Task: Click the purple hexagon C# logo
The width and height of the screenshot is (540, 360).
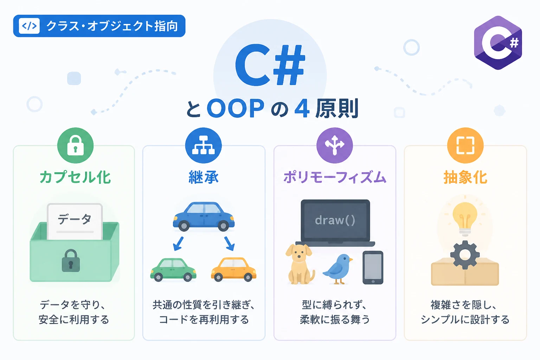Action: click(x=498, y=43)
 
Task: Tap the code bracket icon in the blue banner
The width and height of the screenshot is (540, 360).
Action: click(x=29, y=26)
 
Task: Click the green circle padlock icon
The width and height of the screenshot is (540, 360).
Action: click(x=75, y=146)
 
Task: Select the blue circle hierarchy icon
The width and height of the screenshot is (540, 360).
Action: click(x=203, y=146)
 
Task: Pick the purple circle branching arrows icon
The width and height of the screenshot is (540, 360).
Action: click(x=335, y=146)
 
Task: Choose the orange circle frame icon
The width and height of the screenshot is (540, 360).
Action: click(x=465, y=146)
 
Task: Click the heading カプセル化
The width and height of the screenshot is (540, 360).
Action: click(x=75, y=177)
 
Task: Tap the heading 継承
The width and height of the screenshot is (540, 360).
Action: click(x=204, y=177)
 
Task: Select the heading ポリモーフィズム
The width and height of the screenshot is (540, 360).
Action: click(x=335, y=177)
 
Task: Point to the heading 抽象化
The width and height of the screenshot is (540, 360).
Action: click(x=465, y=177)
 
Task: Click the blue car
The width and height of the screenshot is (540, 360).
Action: click(x=204, y=216)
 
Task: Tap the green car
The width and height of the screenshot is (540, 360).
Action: click(x=173, y=270)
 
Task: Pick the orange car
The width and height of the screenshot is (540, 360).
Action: click(x=233, y=269)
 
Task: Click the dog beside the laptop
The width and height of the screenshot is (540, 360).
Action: click(x=300, y=264)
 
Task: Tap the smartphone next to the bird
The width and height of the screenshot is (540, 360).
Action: click(x=373, y=268)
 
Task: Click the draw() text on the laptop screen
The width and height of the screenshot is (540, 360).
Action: click(x=335, y=220)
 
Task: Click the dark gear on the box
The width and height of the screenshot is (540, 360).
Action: click(x=465, y=255)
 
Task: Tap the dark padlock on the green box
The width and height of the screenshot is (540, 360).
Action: click(x=71, y=261)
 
